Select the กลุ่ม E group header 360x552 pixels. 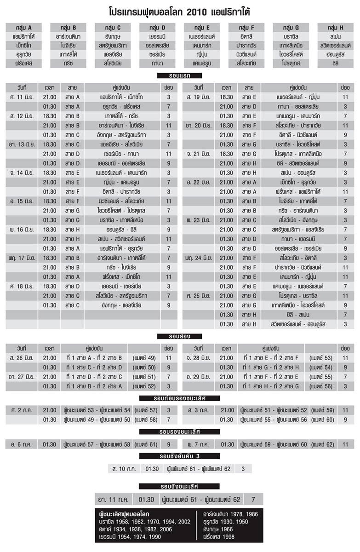[201, 27]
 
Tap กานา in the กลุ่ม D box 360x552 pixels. [157, 63]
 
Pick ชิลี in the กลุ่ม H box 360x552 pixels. [334, 63]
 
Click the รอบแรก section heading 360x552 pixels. [180, 75]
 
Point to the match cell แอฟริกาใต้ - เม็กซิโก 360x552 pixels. [121, 97]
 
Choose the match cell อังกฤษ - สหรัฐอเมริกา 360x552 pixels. [121, 135]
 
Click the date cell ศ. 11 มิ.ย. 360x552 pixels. [21, 97]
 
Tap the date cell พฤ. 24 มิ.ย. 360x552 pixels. [199, 258]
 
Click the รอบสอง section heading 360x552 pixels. [180, 336]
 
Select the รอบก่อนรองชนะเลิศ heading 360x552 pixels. [180, 398]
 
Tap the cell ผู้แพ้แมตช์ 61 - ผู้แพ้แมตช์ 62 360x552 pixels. [199, 469]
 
